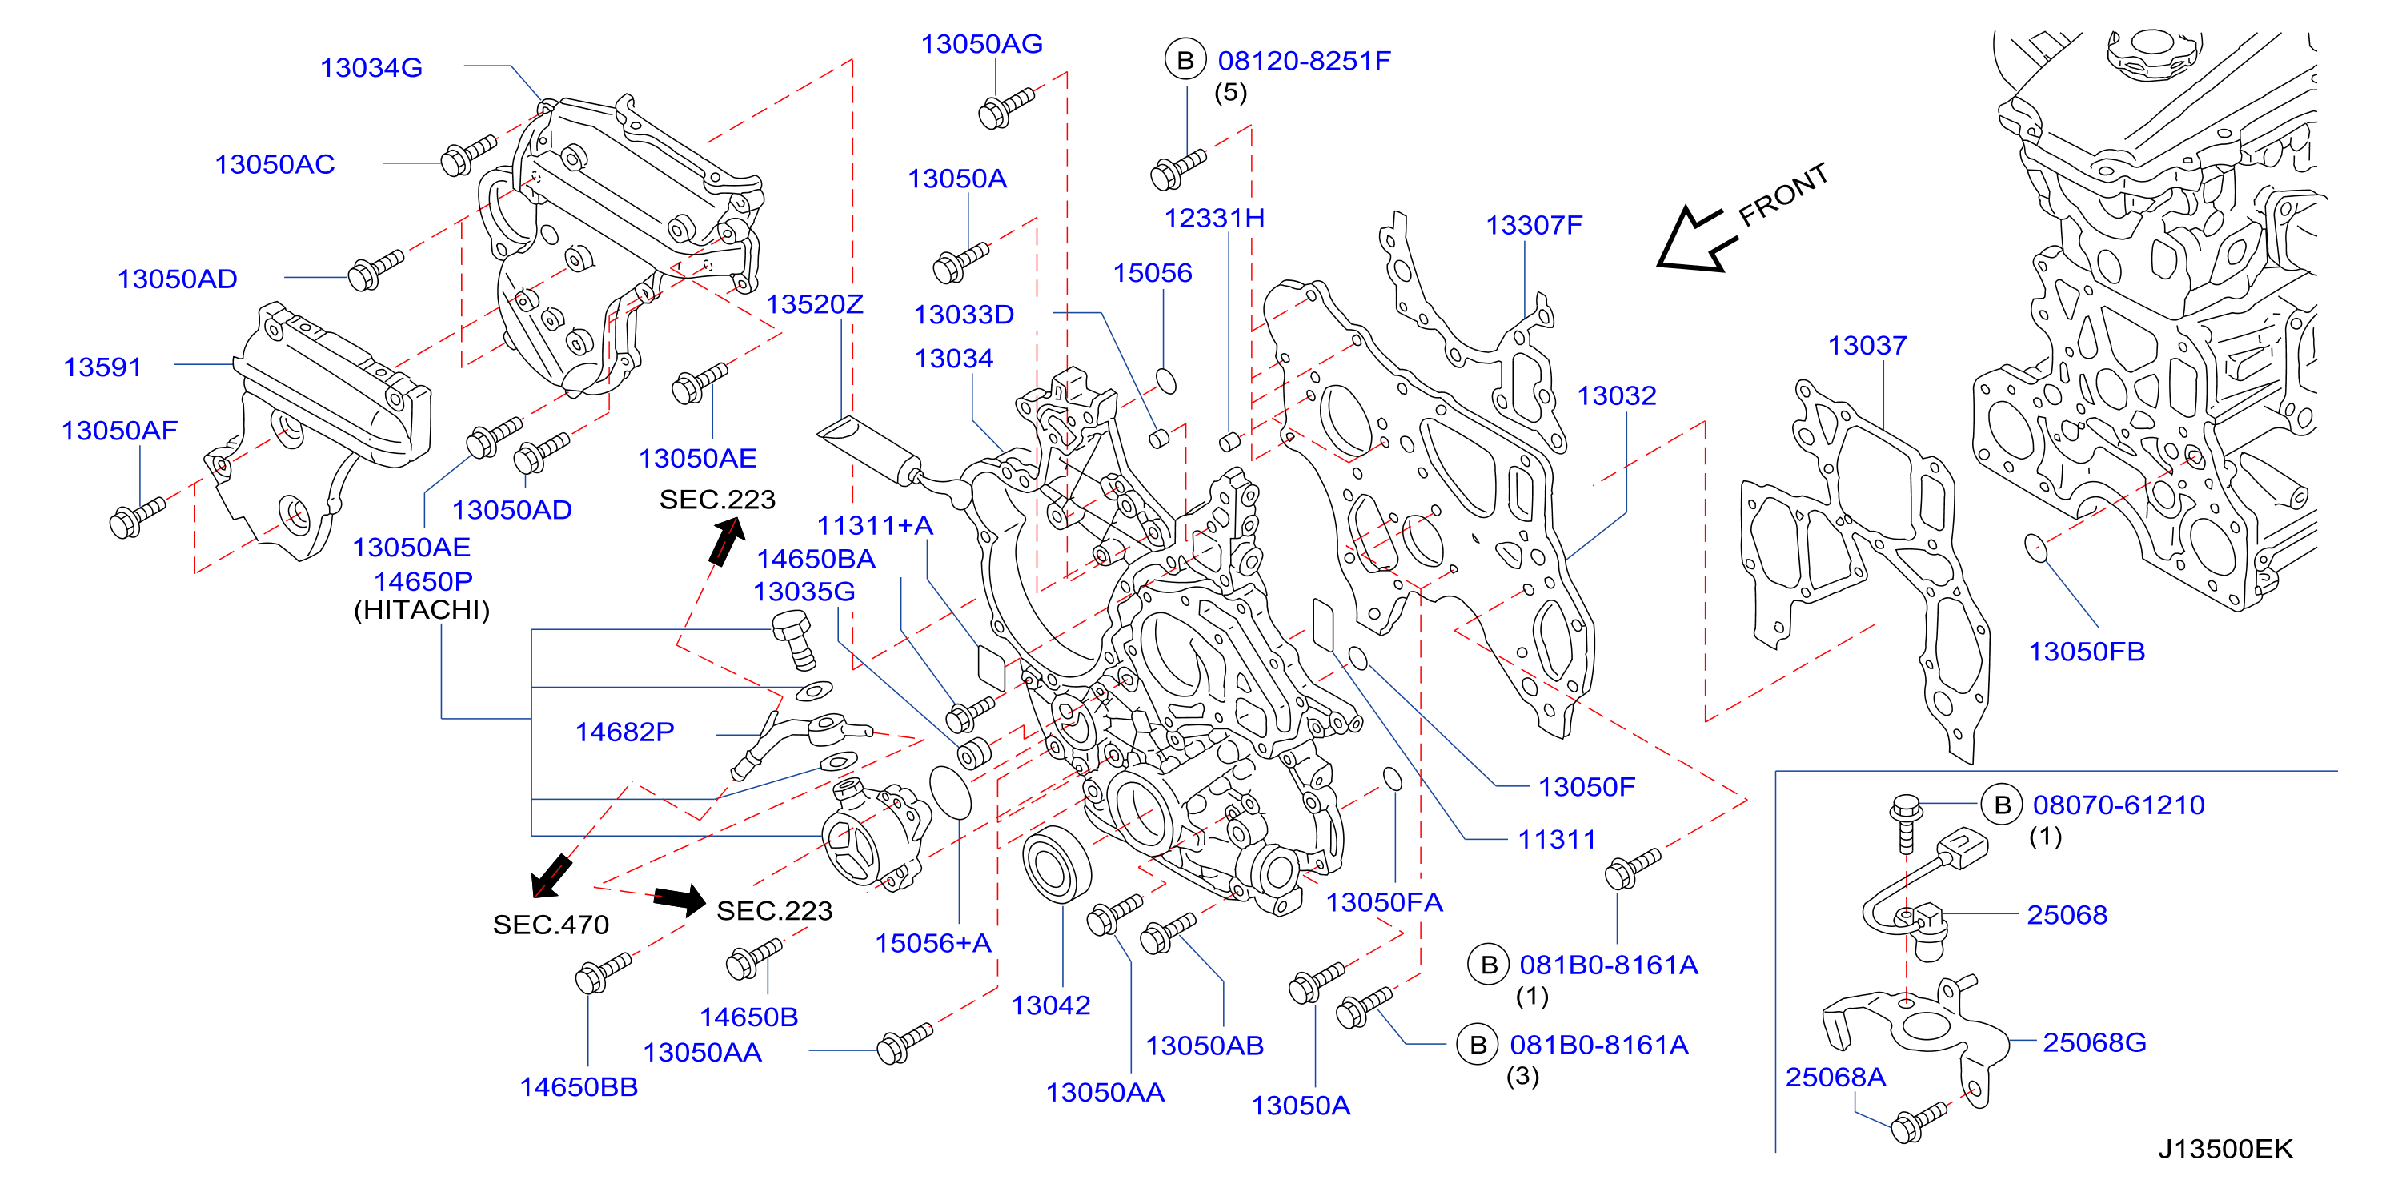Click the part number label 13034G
[x=371, y=68]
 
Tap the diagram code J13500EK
[x=2225, y=1149]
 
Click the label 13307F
[x=1534, y=225]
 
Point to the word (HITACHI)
[x=422, y=610]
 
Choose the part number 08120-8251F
[x=1304, y=61]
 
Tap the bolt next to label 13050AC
[x=467, y=155]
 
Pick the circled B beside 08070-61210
[x=2003, y=805]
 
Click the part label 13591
[x=102, y=367]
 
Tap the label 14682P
[x=624, y=732]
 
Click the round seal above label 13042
[x=1057, y=864]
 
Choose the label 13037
[x=1867, y=347]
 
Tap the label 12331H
[x=1214, y=218]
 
